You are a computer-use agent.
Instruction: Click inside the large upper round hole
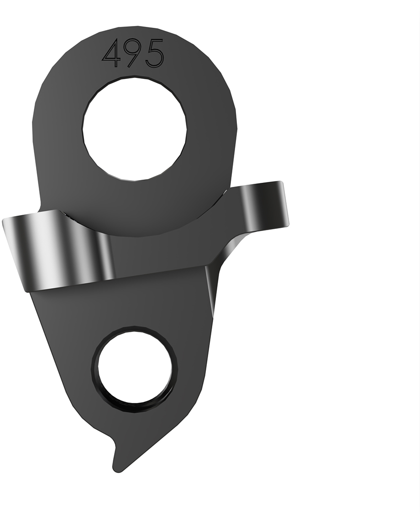[135, 129]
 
